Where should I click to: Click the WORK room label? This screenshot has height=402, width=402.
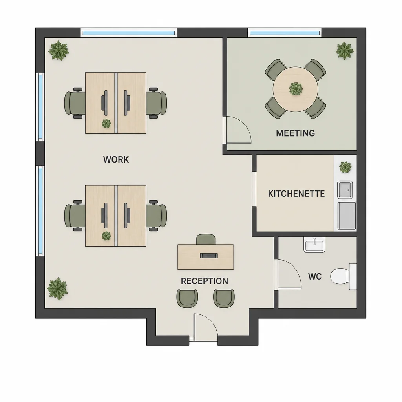(x=116, y=159)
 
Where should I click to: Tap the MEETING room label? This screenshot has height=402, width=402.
(x=295, y=133)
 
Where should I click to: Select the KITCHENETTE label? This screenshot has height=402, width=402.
(x=296, y=194)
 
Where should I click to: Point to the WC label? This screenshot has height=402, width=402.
(x=314, y=276)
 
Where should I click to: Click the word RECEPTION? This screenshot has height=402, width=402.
(x=204, y=281)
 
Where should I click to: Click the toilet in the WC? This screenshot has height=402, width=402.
(x=344, y=276)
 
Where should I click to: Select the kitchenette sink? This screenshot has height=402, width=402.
(x=345, y=190)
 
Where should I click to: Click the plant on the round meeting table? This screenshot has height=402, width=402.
(x=296, y=89)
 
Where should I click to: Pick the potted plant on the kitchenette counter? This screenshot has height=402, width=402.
(x=345, y=167)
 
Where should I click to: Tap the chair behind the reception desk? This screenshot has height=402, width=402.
(x=206, y=239)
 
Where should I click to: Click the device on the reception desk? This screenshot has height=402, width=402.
(x=209, y=255)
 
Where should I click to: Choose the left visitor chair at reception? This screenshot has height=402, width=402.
(x=187, y=298)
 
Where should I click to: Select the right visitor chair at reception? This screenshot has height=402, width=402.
(x=224, y=298)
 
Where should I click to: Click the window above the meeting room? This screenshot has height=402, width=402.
(x=285, y=33)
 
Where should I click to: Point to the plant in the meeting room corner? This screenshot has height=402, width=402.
(x=344, y=51)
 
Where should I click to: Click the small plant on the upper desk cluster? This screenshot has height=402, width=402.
(x=106, y=123)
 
